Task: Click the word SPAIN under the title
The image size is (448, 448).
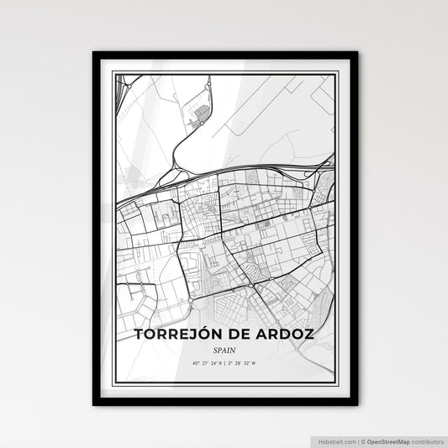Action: [x=224, y=350]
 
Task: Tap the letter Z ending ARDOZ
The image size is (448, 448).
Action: [x=311, y=335]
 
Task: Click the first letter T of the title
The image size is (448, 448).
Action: [x=140, y=335]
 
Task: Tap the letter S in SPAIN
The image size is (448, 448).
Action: [x=214, y=350]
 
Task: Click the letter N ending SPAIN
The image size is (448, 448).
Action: [x=235, y=350]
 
